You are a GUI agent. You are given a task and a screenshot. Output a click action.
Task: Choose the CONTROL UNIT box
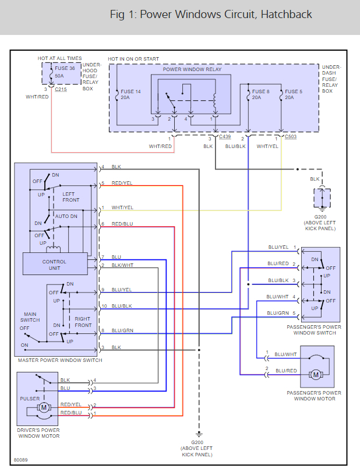pyautogui.click(x=54, y=265)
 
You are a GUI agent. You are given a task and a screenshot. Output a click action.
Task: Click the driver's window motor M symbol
pyautogui.click(x=43, y=408)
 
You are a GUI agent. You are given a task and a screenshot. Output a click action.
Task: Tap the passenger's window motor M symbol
pyautogui.click(x=316, y=374)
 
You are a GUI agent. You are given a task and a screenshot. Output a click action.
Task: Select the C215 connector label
pyautogui.click(x=61, y=90)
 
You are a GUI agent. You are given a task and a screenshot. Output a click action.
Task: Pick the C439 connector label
pyautogui.click(x=225, y=137)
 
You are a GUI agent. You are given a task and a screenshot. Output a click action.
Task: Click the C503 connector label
pyautogui.click(x=290, y=137)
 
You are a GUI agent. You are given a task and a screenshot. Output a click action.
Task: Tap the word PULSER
pyautogui.click(x=30, y=399)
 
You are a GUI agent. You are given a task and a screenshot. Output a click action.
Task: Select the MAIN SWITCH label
pyautogui.click(x=30, y=317)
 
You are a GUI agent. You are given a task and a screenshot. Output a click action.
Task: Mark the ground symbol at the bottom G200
pyautogui.click(x=199, y=434)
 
